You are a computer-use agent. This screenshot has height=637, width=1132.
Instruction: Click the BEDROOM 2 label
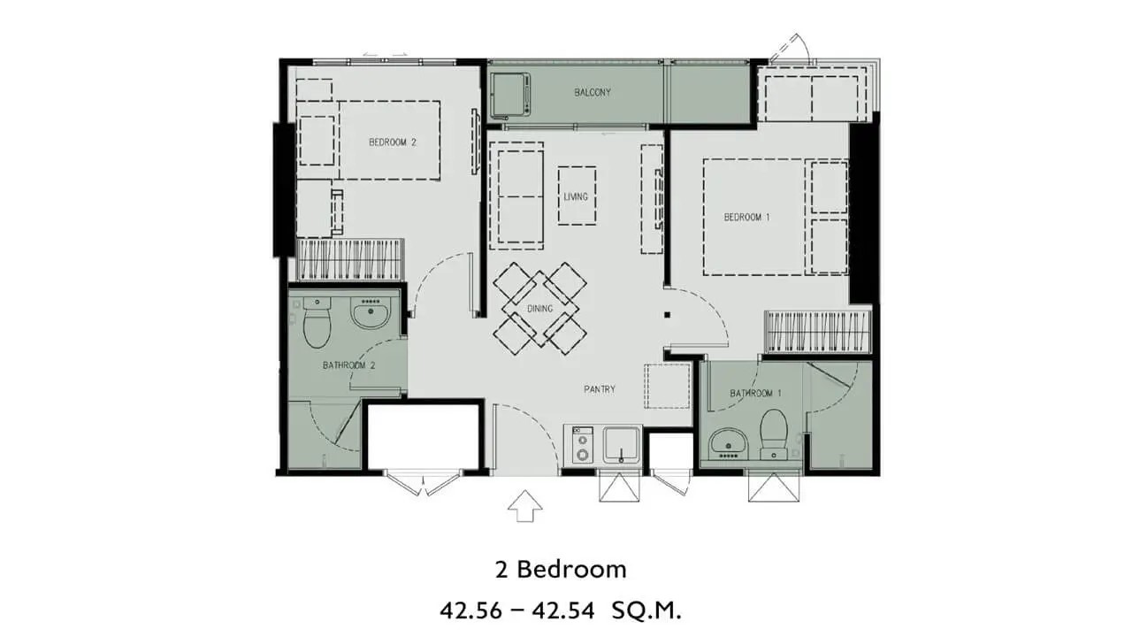(393, 142)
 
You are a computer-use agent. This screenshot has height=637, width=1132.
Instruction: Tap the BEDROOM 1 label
(747, 218)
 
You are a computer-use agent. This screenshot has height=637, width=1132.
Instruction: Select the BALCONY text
(593, 93)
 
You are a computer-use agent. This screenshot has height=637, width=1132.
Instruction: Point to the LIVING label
(576, 196)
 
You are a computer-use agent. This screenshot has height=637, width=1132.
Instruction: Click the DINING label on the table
(539, 309)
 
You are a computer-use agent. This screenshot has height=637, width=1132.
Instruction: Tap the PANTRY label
(600, 389)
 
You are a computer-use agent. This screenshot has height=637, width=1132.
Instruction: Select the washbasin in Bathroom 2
(371, 313)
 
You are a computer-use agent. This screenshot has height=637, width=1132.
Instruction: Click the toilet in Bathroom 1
(774, 434)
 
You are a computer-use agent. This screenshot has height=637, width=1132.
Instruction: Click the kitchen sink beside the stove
(621, 445)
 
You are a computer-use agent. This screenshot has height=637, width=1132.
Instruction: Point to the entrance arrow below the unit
(525, 505)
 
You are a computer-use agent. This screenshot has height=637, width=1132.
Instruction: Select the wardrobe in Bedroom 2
(349, 259)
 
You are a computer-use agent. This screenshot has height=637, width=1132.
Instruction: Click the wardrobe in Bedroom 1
(818, 332)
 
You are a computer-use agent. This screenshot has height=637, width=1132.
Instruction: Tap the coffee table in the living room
(577, 196)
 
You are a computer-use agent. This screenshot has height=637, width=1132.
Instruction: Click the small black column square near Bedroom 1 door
(667, 315)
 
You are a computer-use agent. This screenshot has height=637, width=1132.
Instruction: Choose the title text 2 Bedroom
(561, 571)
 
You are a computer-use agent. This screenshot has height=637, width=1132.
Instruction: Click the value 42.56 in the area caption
(471, 610)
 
